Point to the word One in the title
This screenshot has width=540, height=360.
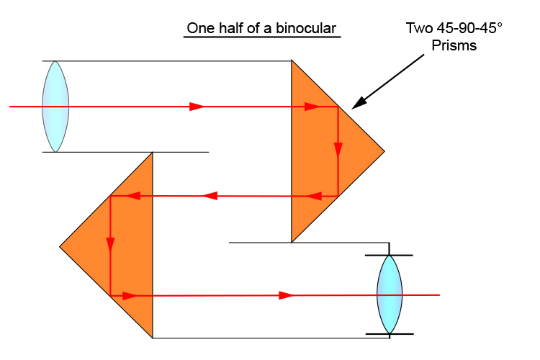(x=199, y=29)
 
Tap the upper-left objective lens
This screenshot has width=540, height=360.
(x=55, y=107)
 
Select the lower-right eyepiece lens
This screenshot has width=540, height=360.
(x=390, y=294)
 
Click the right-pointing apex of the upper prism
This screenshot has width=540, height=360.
(x=383, y=152)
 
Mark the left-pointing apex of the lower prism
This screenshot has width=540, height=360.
(x=60, y=247)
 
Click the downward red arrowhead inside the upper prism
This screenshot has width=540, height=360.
(x=338, y=150)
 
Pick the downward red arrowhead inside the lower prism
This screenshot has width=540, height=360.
(x=110, y=245)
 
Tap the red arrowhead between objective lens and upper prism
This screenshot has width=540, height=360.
(x=197, y=107)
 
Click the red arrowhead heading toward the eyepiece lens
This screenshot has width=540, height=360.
(x=286, y=295)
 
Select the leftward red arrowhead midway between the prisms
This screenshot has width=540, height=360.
(x=210, y=195)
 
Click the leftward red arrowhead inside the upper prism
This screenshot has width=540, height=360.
(x=313, y=195)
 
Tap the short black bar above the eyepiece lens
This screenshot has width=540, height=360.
(x=390, y=255)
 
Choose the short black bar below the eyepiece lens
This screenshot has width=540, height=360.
(x=390, y=334)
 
